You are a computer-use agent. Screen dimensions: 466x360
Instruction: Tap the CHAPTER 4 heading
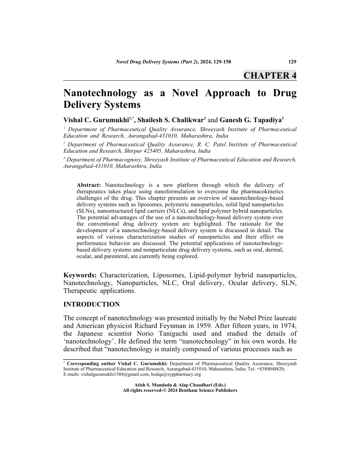pyautogui.click(x=270, y=75)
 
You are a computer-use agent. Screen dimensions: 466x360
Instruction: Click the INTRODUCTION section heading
pyautogui.click(x=92, y=304)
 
